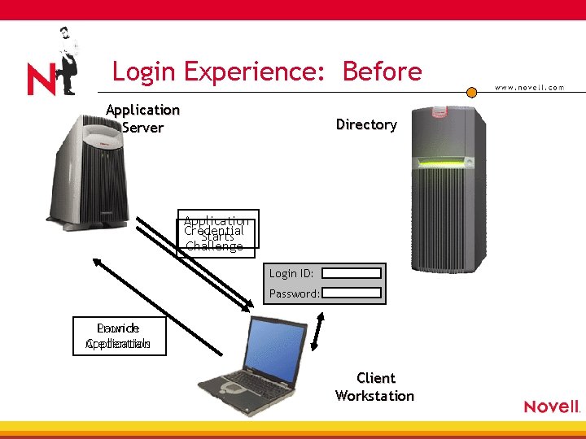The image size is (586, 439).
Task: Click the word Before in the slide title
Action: tap(382, 72)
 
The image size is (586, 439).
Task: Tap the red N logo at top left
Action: tap(41, 80)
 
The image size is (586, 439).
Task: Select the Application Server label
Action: tap(142, 119)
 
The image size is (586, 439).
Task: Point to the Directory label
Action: tap(366, 124)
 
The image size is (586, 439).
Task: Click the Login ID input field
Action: tap(351, 274)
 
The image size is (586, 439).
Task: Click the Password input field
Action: tap(351, 293)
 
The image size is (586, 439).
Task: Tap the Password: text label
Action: tap(294, 293)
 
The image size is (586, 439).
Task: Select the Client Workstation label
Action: tap(375, 387)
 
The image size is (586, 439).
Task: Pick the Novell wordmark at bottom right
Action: tap(552, 406)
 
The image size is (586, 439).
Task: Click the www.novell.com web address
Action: tap(530, 88)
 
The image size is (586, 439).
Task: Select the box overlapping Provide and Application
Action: tap(118, 336)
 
